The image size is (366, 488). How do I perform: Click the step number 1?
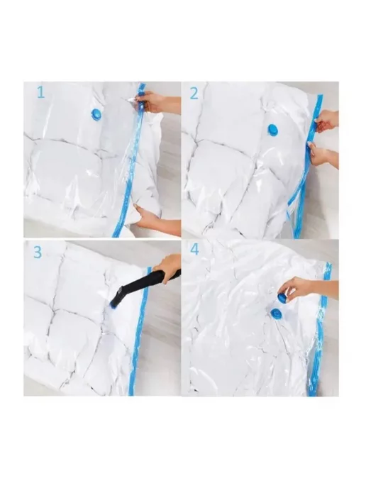(40, 93)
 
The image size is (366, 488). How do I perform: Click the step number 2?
(194, 93)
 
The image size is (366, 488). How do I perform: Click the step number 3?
(38, 252)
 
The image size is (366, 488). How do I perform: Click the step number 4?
(194, 250)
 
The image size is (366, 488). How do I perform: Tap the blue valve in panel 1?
(96, 115)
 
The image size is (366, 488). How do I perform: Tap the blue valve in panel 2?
(273, 131)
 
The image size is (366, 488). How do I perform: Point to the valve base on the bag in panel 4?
(275, 313)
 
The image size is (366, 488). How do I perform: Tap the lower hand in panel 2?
(323, 155)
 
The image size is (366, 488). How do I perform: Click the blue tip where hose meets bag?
(113, 304)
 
